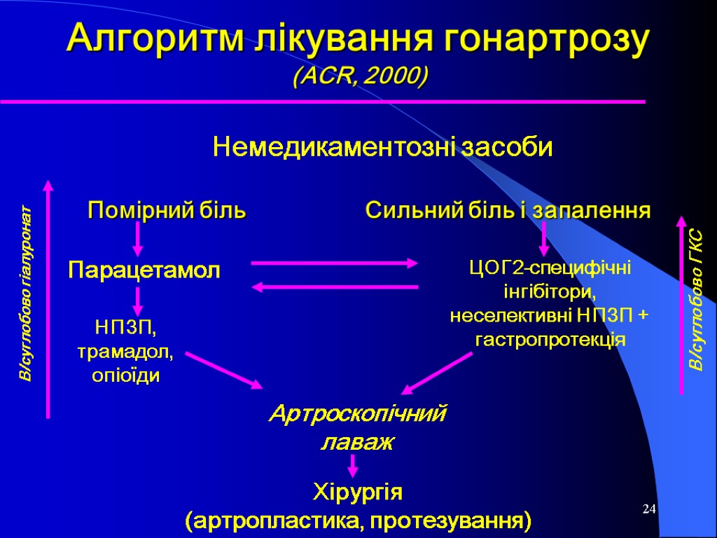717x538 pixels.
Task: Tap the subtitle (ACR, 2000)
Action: tap(358, 75)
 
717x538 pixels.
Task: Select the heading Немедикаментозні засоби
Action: tap(382, 148)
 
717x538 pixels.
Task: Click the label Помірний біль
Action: tap(166, 210)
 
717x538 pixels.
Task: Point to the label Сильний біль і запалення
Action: tap(508, 210)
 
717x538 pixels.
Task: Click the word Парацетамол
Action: tap(144, 270)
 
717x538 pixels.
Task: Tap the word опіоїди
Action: tap(126, 375)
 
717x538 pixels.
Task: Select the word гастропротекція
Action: tap(550, 339)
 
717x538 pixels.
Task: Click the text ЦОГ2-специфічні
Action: tap(549, 266)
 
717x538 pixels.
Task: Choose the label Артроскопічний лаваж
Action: tap(358, 428)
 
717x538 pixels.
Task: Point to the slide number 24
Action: tap(648, 508)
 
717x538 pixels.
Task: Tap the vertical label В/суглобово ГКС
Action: tap(697, 300)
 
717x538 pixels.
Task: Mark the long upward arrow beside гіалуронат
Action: tap(48, 298)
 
